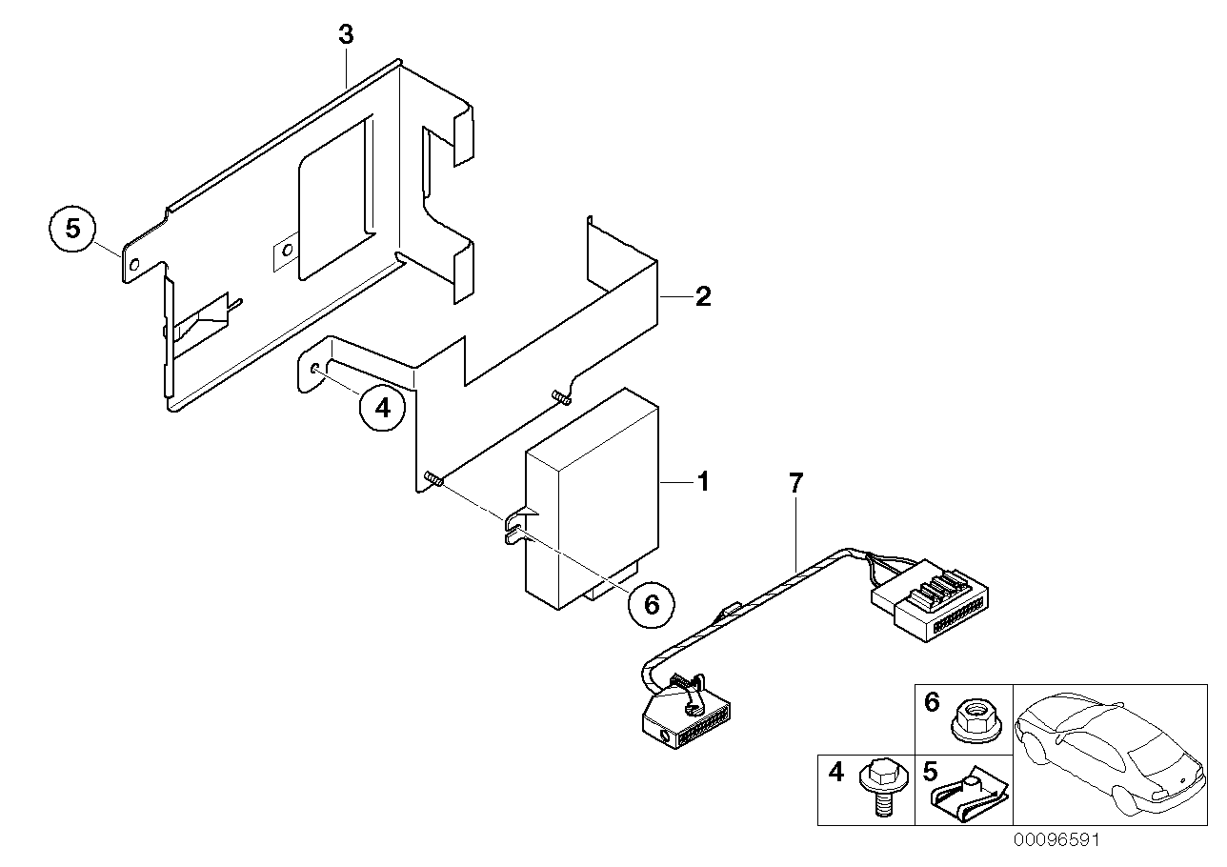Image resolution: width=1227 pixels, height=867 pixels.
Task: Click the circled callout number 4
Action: click(x=382, y=409)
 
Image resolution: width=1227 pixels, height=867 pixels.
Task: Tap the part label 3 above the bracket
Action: click(x=346, y=35)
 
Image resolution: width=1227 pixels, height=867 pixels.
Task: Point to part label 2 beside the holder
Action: click(x=703, y=297)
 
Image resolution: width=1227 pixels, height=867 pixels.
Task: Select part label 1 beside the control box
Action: click(x=703, y=482)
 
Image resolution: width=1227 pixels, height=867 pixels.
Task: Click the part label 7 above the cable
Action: click(x=796, y=482)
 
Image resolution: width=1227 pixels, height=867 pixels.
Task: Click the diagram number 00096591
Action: click(x=1055, y=841)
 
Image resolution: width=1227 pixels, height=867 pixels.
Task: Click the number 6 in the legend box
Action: click(x=932, y=703)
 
